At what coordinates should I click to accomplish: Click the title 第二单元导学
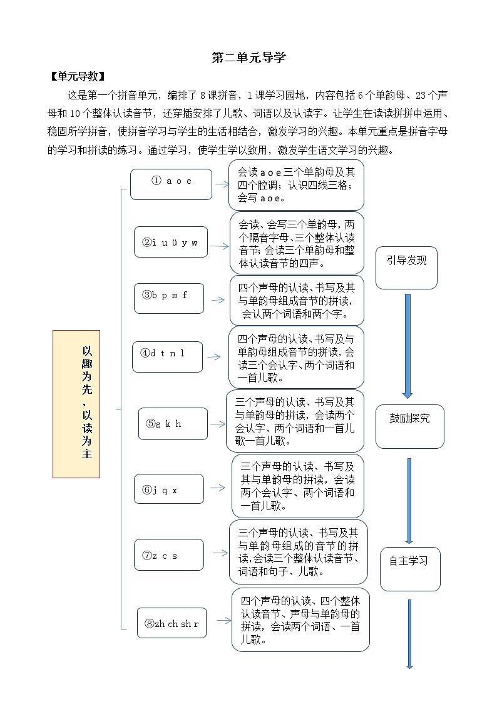coord(248,58)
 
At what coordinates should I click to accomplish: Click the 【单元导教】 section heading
coord(77,77)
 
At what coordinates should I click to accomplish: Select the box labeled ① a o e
coord(171,184)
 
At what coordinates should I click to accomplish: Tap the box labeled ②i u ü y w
coord(170,242)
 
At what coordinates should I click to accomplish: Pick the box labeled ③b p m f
coord(168,298)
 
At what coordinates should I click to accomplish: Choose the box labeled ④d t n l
coord(167,357)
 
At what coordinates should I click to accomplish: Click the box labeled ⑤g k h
coord(173,424)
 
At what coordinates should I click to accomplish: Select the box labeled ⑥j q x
coord(168,489)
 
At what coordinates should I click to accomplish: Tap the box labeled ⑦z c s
coord(168,554)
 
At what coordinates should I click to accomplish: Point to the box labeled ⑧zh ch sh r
coord(172,623)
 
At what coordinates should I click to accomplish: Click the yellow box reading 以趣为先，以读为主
coord(76,404)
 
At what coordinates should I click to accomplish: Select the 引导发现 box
coord(406,268)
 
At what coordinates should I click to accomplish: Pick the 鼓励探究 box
coord(409,426)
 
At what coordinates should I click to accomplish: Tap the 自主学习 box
coord(410,568)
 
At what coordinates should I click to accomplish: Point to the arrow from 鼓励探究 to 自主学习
coord(409,500)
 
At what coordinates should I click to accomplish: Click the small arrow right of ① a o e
coord(222,184)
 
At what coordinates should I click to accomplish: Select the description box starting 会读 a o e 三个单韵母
coord(296,184)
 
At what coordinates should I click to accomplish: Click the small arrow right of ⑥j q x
coord(218,489)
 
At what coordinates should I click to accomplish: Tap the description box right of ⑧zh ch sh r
coord(300,619)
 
